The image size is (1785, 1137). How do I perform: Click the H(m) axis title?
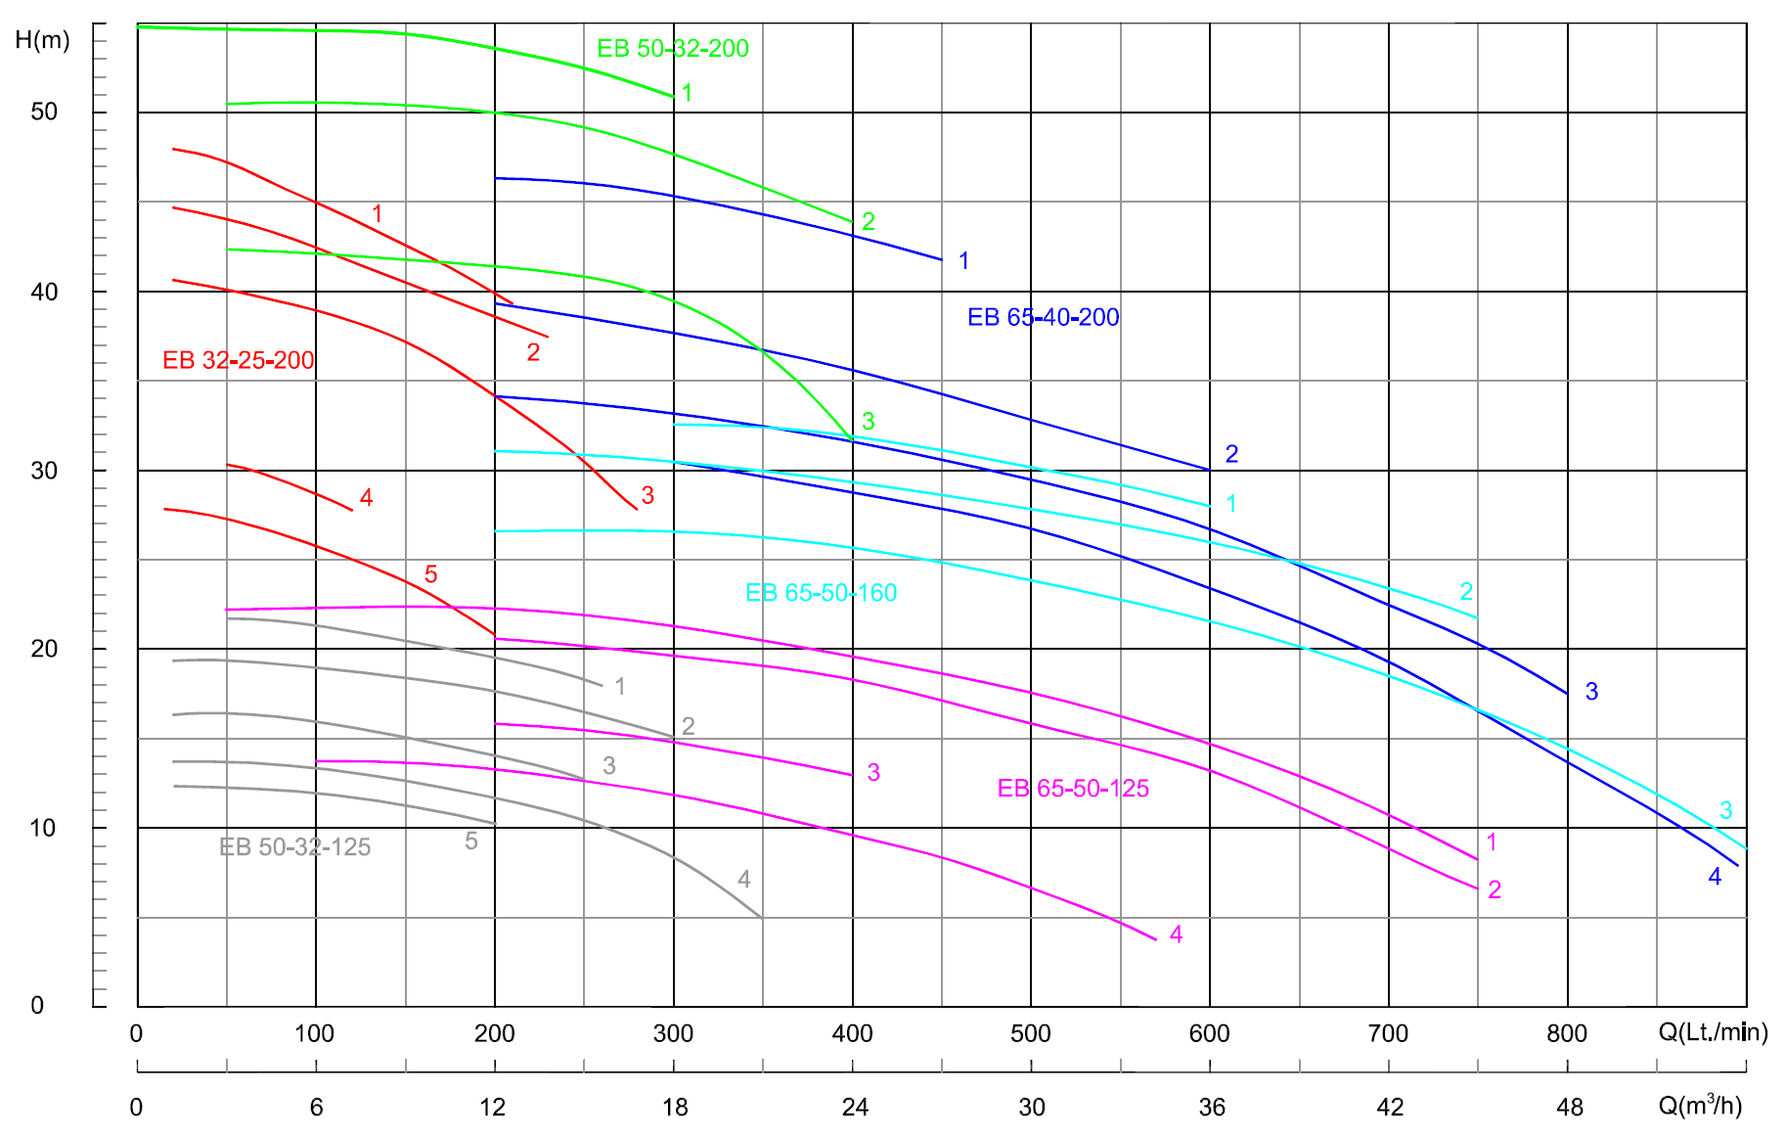42,40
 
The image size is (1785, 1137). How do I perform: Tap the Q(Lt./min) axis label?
1713,1032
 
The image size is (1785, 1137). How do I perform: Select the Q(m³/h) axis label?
1700,1106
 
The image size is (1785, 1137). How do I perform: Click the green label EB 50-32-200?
673,48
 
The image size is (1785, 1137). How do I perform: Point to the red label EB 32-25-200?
238,360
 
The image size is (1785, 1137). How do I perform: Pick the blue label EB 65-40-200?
1043,317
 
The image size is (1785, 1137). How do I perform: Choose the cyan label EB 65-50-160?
821,593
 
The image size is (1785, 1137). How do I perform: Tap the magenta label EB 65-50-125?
1073,789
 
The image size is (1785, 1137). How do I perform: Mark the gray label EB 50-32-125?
294,847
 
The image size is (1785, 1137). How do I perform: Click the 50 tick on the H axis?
44,112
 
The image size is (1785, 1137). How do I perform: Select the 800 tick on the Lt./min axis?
1567,1033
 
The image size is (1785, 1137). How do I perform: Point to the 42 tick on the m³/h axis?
1390,1107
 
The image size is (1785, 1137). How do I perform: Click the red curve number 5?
431,574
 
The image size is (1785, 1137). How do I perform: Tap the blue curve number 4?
1715,877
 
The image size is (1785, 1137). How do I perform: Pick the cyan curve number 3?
1726,810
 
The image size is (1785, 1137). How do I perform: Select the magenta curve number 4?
1177,934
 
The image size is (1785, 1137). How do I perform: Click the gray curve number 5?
471,841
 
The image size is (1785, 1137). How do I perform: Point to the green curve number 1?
688,93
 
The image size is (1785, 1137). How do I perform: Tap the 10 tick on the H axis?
43,828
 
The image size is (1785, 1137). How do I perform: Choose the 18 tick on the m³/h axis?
675,1107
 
